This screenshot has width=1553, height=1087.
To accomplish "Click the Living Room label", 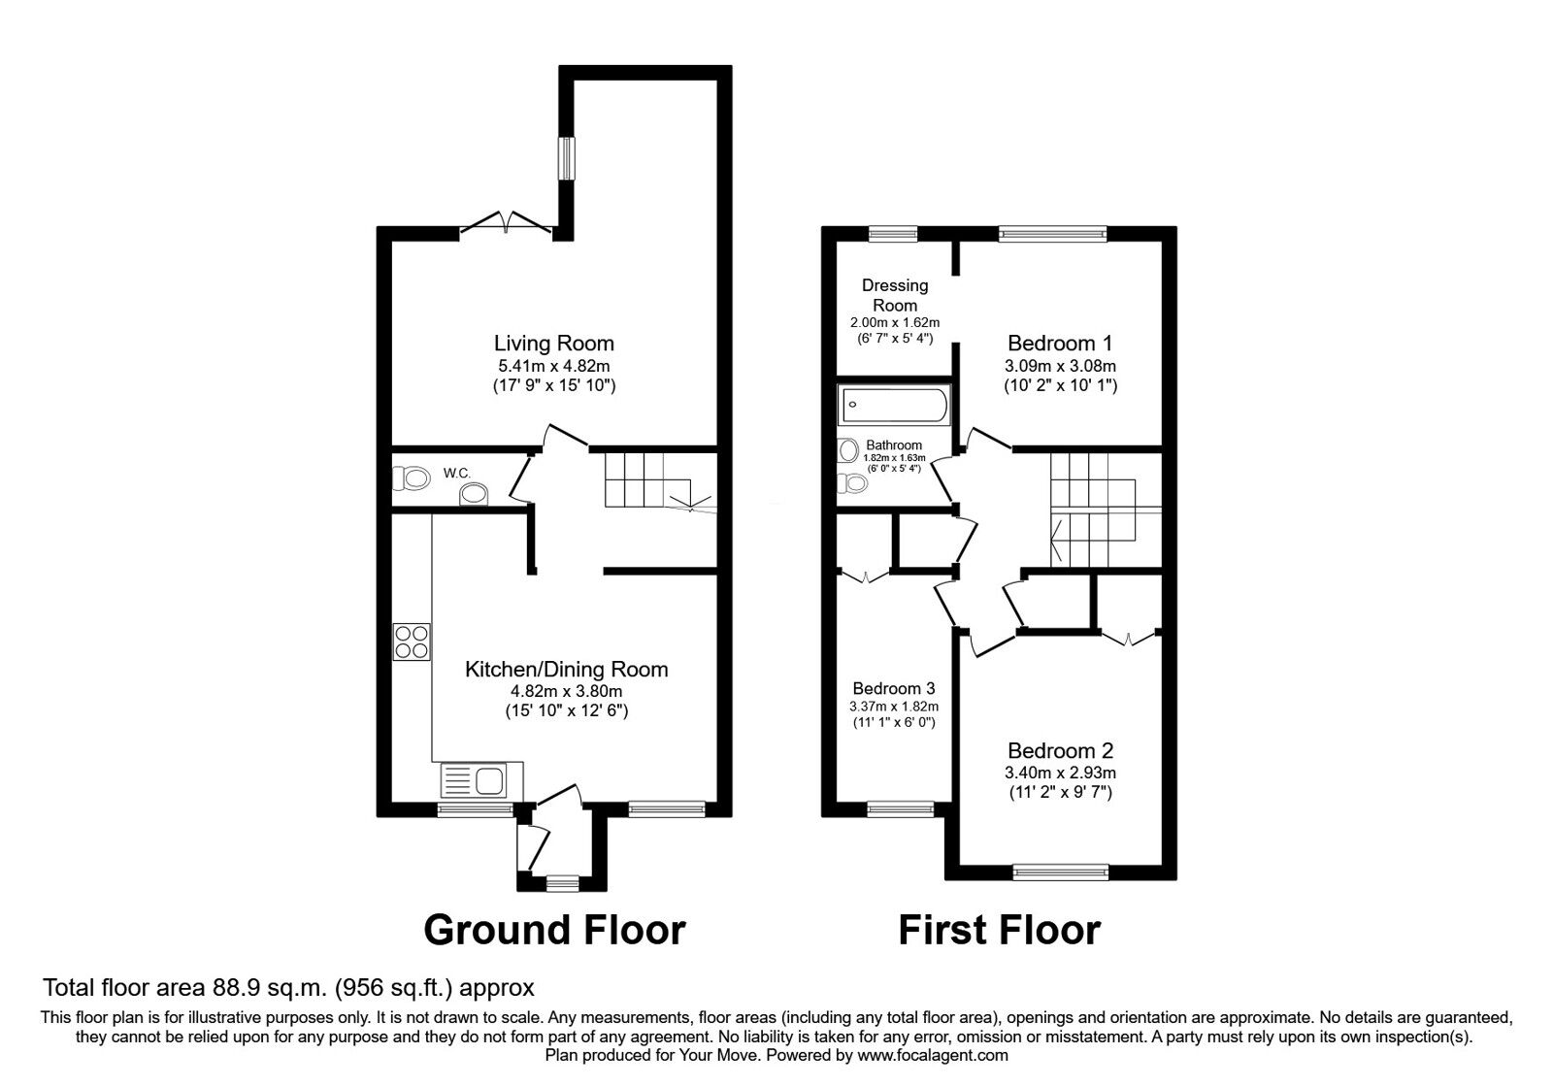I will point(553,343).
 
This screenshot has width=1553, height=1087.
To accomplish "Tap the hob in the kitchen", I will point(412,642).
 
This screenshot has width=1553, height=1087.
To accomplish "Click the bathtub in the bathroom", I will point(895,404).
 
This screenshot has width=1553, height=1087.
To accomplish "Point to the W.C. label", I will point(457,473).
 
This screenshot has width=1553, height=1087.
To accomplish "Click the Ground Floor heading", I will point(554,929).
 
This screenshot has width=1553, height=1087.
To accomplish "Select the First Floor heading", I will point(999,929).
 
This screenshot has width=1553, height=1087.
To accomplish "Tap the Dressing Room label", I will point(895,295).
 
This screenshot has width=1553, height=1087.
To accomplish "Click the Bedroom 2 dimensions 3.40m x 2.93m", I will point(1060,774).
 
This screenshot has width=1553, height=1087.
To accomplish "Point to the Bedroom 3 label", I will point(894,688).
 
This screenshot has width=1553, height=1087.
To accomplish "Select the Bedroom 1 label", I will point(1059,343).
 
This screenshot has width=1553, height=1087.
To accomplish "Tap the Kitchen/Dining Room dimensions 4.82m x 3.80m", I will point(566,691).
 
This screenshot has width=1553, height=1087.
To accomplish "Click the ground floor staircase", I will point(645,480).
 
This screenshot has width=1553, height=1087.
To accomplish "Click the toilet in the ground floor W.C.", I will point(412,478).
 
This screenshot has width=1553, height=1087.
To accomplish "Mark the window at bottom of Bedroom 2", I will point(1060,873).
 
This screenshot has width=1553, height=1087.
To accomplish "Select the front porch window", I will point(560,883).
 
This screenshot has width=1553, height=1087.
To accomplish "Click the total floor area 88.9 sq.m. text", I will point(288,988).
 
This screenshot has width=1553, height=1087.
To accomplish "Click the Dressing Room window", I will point(893,233).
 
